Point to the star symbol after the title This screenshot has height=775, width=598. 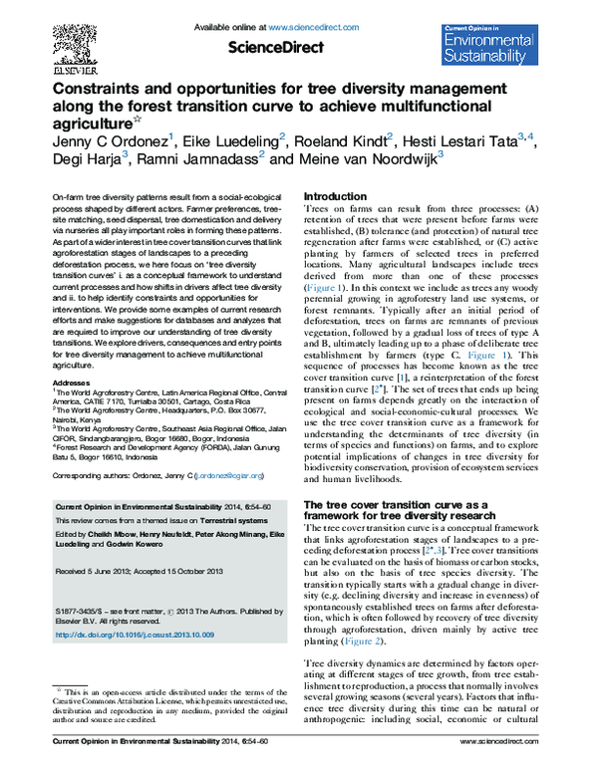[138, 121]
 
